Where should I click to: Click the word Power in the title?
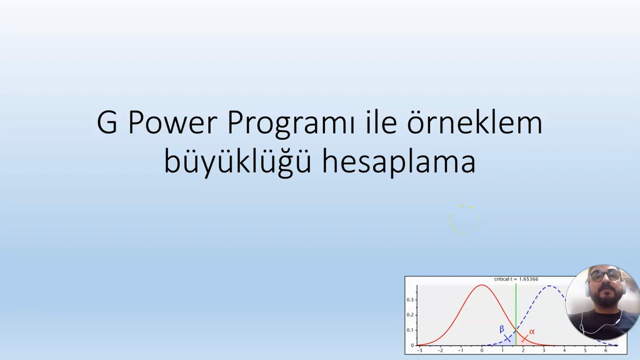click(173, 122)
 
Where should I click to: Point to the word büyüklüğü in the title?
click(238, 161)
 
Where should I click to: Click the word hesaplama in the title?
click(399, 161)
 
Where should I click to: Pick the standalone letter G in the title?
click(107, 122)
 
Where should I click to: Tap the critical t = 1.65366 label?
click(516, 279)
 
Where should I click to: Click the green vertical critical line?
click(516, 314)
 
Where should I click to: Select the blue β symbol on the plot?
click(502, 329)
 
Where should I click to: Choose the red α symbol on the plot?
click(532, 332)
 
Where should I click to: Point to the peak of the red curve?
click(482, 285)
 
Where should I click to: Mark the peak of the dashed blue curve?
click(550, 286)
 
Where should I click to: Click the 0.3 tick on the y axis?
click(410, 300)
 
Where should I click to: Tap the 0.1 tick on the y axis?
click(410, 330)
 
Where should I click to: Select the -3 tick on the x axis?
click(420, 350)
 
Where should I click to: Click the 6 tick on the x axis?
click(606, 350)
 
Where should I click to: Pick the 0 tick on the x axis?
click(482, 350)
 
